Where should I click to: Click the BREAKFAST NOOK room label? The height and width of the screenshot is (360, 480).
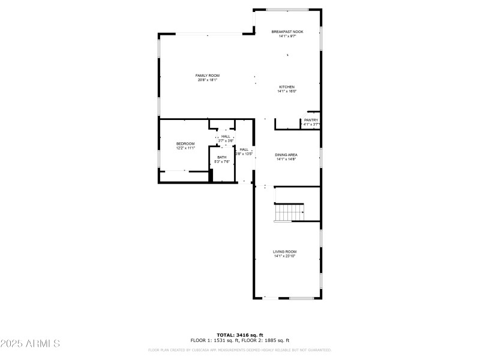point(287,32)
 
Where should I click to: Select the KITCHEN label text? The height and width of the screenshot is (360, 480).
point(286,87)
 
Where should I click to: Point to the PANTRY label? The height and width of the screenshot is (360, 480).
point(311,120)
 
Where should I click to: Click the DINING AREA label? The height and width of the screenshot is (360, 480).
point(286,155)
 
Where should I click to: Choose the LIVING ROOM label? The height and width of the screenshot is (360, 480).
point(286,251)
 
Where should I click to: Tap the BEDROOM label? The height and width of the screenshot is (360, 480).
point(185,143)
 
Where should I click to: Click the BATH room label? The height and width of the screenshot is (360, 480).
point(222,157)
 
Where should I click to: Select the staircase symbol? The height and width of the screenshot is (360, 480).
point(289,212)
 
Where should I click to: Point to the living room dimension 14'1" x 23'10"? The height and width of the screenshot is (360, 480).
point(286,256)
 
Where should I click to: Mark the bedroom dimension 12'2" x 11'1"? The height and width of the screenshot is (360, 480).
point(185,148)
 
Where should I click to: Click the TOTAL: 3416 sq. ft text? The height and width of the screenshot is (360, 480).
point(240,335)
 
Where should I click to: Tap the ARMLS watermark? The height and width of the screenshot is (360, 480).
point(30,344)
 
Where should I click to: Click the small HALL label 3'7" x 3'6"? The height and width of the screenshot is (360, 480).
point(226,136)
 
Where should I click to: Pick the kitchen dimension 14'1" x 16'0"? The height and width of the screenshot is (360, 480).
point(286,91)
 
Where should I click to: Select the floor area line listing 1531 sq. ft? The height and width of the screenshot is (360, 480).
point(240,340)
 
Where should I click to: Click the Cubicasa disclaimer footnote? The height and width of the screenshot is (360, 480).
point(240,350)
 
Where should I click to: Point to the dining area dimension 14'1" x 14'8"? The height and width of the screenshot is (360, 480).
point(286,159)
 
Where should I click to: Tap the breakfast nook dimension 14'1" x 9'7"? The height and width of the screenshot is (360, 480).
point(287,36)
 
